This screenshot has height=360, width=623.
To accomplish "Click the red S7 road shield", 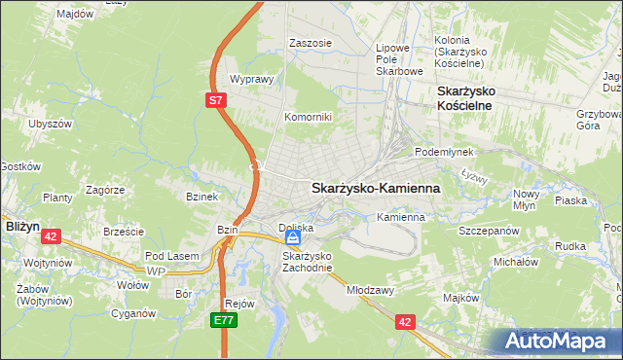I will pos(217,99).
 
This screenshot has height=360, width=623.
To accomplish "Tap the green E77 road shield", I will pos(225,319).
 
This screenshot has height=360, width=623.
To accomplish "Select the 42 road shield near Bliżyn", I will pos(52,235).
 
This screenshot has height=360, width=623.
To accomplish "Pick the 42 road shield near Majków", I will pos(406,319).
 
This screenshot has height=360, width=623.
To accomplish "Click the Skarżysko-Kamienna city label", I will pos(376,188).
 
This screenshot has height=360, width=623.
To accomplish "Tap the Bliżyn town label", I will pos(21,225).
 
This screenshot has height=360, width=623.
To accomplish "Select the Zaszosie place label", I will pos(311,43).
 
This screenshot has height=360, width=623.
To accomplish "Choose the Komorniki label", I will pos(308,117).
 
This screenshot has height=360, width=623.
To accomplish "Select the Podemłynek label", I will pos(443,153).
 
